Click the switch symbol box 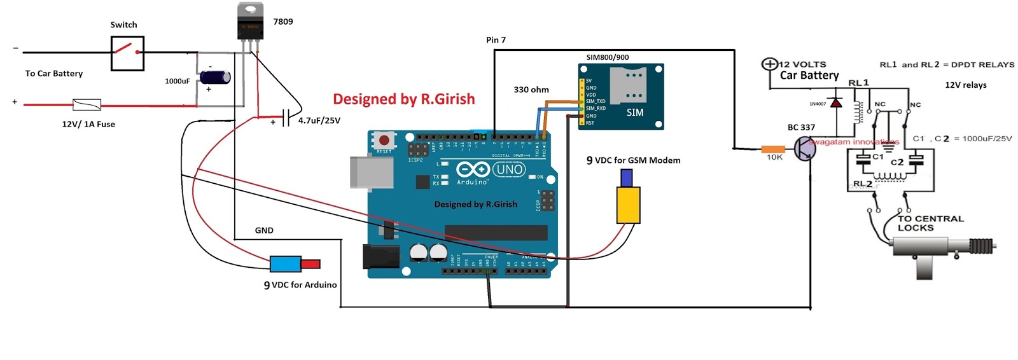[x=127, y=53]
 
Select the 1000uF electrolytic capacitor [x=215, y=78]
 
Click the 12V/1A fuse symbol [x=87, y=104]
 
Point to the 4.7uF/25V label [x=319, y=120]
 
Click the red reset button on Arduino [x=384, y=140]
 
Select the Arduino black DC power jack [x=380, y=256]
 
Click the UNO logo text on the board [x=509, y=170]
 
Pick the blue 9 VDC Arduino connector [x=285, y=264]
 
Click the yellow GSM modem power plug [x=628, y=204]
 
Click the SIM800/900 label [x=607, y=57]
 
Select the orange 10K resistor [x=773, y=149]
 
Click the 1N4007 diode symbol [x=837, y=102]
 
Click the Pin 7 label [x=496, y=40]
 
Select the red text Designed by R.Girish [x=403, y=99]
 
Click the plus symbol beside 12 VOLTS [x=769, y=64]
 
